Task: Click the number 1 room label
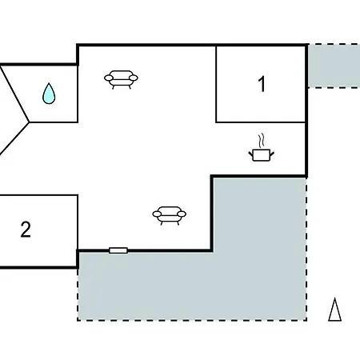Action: [x=262, y=84]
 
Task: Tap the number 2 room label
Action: [x=26, y=230]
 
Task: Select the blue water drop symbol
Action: [x=49, y=94]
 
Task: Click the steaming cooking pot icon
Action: [x=262, y=147]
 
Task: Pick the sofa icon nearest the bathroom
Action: [x=121, y=79]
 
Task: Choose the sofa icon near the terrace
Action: [x=169, y=215]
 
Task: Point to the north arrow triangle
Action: [x=334, y=310]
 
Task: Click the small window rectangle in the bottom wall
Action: [x=118, y=250]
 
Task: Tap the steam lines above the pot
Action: [x=262, y=141]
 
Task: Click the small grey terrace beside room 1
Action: [x=334, y=66]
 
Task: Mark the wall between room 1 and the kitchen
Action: [x=261, y=122]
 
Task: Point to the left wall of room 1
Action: [x=216, y=84]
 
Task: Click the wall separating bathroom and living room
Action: [x=78, y=94]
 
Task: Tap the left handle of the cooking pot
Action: [x=250, y=154]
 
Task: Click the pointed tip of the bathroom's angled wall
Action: [x=29, y=122]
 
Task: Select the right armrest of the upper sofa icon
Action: [x=134, y=78]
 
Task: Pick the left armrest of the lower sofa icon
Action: [x=157, y=214]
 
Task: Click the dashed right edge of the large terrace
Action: [x=306, y=249]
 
